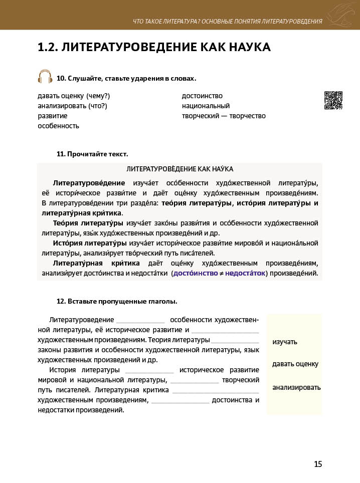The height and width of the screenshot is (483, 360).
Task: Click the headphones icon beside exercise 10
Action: [x=45, y=77]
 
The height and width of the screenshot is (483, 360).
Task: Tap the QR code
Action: [x=333, y=100]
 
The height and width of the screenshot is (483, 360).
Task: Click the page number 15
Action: [x=318, y=464]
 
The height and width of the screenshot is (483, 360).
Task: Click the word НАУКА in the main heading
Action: [x=247, y=48]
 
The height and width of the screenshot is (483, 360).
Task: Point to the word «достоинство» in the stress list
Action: [x=202, y=96]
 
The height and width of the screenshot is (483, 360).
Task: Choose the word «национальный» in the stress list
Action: [x=206, y=106]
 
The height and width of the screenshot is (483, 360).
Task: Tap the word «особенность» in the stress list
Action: [x=59, y=126]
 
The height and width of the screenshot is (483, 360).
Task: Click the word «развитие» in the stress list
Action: [x=53, y=116]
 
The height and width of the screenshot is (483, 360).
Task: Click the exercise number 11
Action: [x=61, y=154]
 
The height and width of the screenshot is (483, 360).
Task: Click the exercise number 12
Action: [x=61, y=302]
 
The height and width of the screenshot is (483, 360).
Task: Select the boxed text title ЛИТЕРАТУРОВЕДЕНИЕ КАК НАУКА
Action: [x=179, y=169]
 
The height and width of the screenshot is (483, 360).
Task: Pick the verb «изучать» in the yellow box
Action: [x=285, y=342]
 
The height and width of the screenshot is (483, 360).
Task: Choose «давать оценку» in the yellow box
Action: [x=295, y=364]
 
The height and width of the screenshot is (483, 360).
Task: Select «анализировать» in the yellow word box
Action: [x=296, y=387]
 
